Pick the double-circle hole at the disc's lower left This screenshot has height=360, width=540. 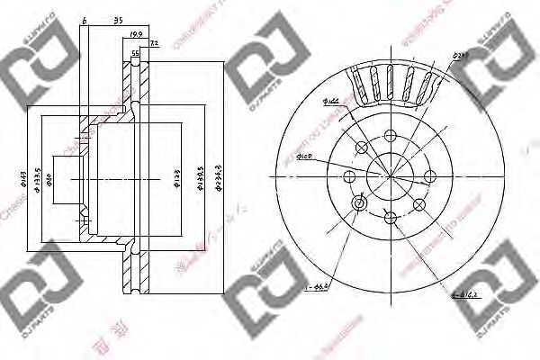pyautogui.click(x=359, y=205)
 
